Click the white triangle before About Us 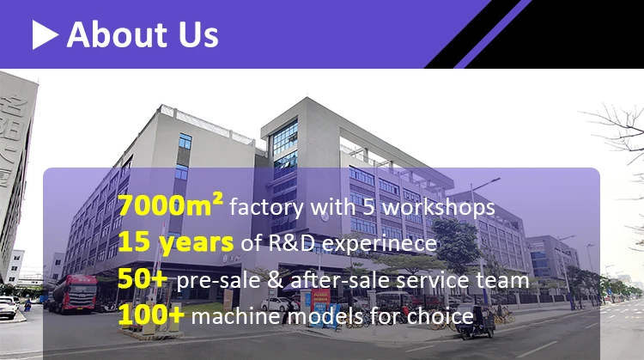[45, 34]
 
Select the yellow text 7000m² [171, 206]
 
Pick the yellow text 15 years [176, 243]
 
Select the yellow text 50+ [143, 280]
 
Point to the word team [509, 281]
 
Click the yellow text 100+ [151, 316]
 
